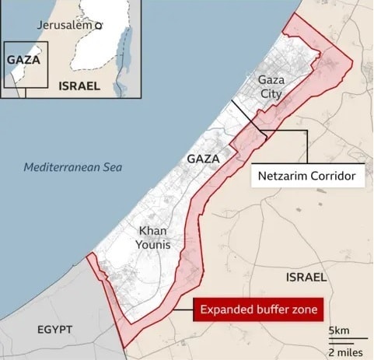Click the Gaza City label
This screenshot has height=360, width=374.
point(271,86)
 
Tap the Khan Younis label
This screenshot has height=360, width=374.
point(154,237)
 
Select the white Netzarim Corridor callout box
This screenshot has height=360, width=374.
point(309,177)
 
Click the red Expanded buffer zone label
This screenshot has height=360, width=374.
point(259,310)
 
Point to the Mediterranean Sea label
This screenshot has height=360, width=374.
point(72,167)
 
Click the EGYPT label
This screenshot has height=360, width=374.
point(54,330)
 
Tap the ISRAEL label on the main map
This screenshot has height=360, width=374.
point(306,277)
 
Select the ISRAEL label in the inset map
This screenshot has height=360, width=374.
point(79,86)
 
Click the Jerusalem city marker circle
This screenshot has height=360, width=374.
point(98,26)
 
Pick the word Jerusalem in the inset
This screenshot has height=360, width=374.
point(65,26)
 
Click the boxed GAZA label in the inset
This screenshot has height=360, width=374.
point(23,59)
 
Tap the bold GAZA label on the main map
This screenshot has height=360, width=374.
point(203,159)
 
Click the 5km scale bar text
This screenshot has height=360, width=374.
point(339,331)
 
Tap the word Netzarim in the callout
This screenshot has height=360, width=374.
point(285,177)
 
